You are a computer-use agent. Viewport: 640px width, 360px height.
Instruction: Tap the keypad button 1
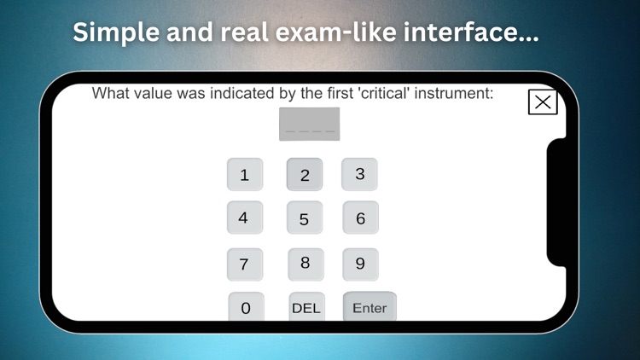pyautogui.click(x=245, y=175)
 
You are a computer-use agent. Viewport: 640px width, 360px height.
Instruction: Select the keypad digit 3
pyautogui.click(x=360, y=174)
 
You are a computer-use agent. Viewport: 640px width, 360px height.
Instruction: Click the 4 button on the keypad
pyautogui.click(x=244, y=218)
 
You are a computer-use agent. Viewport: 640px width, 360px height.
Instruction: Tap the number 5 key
pyautogui.click(x=305, y=218)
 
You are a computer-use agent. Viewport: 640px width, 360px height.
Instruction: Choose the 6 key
pyautogui.click(x=360, y=218)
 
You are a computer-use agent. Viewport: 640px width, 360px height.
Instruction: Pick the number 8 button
pyautogui.click(x=305, y=264)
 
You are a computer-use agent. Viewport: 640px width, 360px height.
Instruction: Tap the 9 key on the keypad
pyautogui.click(x=360, y=264)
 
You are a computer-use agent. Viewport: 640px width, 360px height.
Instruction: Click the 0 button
pyautogui.click(x=246, y=307)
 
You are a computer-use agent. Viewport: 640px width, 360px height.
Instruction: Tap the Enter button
pyautogui.click(x=369, y=307)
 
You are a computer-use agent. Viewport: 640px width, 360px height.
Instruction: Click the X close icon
pyautogui.click(x=543, y=102)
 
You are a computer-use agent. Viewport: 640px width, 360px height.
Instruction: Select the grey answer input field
pyautogui.click(x=309, y=125)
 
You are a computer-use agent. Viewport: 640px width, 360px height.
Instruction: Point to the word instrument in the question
pyautogui.click(x=452, y=93)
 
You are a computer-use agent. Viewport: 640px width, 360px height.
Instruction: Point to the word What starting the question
pyautogui.click(x=111, y=93)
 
